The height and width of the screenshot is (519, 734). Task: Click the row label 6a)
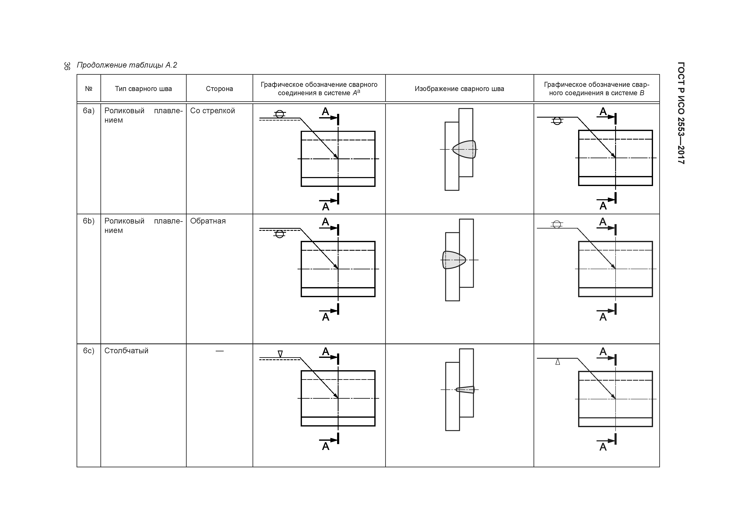point(89,111)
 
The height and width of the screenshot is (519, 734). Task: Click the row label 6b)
point(89,221)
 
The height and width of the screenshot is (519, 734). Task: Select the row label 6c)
point(89,351)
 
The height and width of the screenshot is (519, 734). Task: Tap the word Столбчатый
point(126,351)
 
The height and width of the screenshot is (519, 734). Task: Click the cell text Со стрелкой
point(212,111)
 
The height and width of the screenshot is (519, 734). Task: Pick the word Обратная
point(208,221)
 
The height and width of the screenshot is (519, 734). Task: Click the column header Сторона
point(219,89)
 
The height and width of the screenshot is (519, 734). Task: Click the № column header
point(89,89)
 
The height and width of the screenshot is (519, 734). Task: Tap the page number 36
point(67,66)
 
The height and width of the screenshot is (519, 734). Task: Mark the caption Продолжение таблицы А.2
point(127,65)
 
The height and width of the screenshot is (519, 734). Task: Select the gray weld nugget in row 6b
point(454,260)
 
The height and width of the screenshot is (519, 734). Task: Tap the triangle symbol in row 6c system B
point(558,362)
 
